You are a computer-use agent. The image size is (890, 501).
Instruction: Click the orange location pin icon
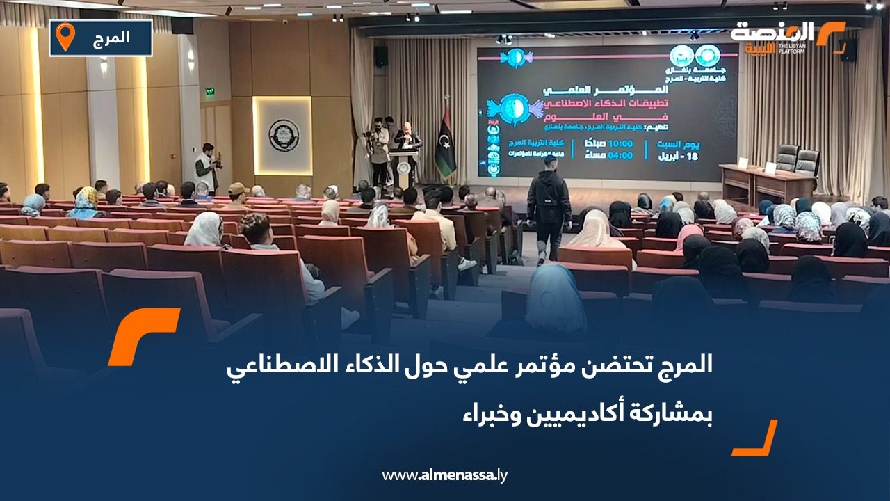65,37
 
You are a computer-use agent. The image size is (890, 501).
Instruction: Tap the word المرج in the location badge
111,38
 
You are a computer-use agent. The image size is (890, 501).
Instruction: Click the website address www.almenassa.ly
445,475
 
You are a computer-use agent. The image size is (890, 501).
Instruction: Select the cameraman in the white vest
207,168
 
